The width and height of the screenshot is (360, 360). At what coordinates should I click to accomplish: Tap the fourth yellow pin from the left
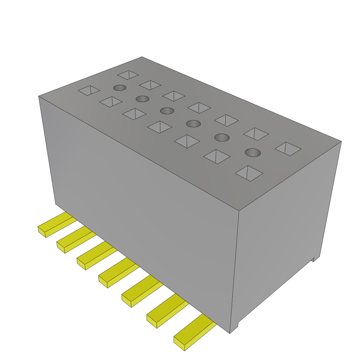(x=118, y=272)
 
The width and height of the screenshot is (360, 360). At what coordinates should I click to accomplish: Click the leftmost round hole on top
(x=120, y=88)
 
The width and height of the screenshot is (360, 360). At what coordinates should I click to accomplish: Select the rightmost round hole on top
(x=253, y=152)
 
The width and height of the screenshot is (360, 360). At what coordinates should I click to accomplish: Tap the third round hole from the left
(x=167, y=111)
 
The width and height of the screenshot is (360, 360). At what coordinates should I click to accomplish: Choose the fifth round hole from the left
(x=221, y=137)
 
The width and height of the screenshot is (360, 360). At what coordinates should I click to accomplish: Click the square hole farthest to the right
(x=288, y=149)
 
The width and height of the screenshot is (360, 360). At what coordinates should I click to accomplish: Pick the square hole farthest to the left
(x=89, y=90)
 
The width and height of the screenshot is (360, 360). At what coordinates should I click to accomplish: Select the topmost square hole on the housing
(x=128, y=75)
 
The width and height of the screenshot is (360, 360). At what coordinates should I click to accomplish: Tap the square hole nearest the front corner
(x=249, y=173)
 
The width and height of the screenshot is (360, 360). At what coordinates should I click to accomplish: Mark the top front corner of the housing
(x=239, y=211)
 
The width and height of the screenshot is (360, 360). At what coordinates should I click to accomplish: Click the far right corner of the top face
(x=341, y=142)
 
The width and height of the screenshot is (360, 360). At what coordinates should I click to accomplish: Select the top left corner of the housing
(x=39, y=96)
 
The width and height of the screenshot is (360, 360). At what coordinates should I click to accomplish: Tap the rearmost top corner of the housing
(x=142, y=57)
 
